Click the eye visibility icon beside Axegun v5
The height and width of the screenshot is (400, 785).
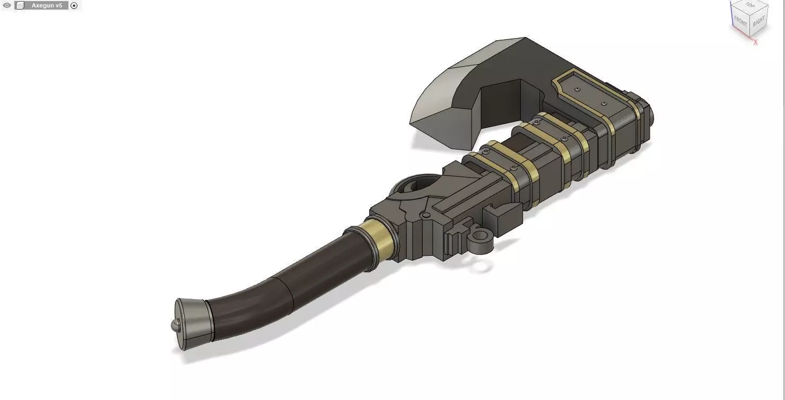click(7, 5)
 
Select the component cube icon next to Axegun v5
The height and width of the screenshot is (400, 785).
click(20, 5)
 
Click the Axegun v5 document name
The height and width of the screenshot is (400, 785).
click(47, 5)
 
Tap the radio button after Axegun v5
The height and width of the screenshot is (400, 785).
click(74, 5)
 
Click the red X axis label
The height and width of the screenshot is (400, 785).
click(755, 42)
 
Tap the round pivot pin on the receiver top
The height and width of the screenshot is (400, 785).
click(425, 215)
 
